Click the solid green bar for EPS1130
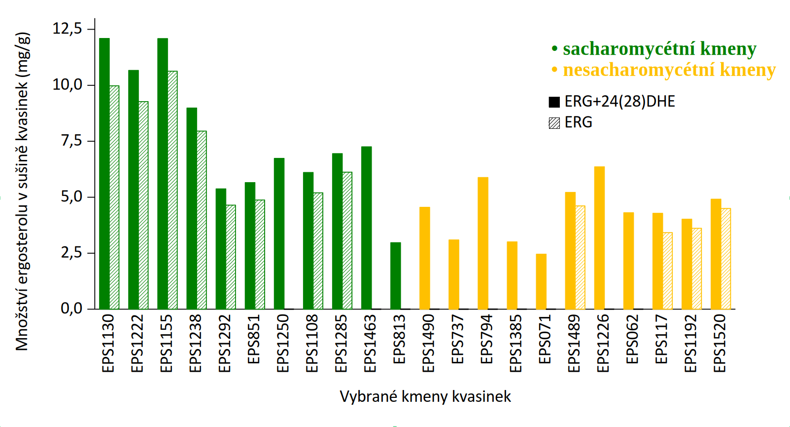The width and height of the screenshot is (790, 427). click(x=104, y=173)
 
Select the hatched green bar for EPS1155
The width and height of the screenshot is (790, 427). click(x=172, y=190)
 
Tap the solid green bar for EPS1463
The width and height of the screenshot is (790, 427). click(x=366, y=228)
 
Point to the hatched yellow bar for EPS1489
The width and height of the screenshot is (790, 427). click(x=580, y=257)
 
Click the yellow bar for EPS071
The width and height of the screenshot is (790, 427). click(x=541, y=281)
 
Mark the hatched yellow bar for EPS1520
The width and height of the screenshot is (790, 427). click(x=725, y=259)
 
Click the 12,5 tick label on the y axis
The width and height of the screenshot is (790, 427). click(x=68, y=29)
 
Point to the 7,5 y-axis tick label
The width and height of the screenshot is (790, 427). click(x=71, y=141)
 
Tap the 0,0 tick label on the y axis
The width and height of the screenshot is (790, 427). click(x=71, y=309)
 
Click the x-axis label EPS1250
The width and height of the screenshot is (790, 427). click(x=282, y=344)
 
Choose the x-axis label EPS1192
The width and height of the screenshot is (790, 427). click(x=690, y=344)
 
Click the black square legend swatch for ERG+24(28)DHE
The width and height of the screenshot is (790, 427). click(x=554, y=102)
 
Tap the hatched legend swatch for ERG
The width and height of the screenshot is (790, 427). click(x=554, y=123)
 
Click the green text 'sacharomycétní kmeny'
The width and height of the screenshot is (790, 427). click(x=659, y=49)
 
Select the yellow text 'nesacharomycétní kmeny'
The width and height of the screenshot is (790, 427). click(x=669, y=70)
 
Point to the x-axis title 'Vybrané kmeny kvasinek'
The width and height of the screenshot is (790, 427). click(x=425, y=396)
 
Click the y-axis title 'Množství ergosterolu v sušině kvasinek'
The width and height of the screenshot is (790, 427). click(x=22, y=193)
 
